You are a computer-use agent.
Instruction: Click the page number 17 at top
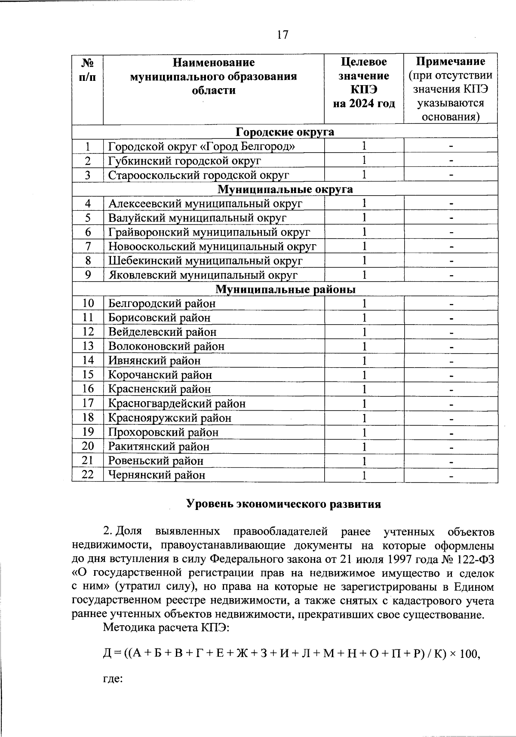pos(282,35)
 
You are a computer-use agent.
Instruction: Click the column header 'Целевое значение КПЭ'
pos(364,83)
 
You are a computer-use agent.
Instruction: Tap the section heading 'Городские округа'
pos(285,132)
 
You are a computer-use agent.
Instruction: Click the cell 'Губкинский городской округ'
pos(184,161)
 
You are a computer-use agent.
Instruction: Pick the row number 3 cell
pos(88,175)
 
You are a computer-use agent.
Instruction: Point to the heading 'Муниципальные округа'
pos(285,189)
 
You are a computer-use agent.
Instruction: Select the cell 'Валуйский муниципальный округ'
pos(197,218)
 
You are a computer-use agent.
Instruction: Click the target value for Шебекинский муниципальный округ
pos(364,261)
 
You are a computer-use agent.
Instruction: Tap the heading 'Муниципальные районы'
pos(285,289)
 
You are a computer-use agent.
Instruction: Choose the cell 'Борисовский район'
pos(159,318)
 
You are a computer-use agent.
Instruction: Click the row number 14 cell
pos(88,360)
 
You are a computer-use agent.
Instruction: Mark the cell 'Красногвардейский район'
pos(177,403)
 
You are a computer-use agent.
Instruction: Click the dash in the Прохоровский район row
pos(451,433)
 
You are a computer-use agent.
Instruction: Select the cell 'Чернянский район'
pos(157,475)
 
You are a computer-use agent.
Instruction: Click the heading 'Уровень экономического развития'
pos(284,504)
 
